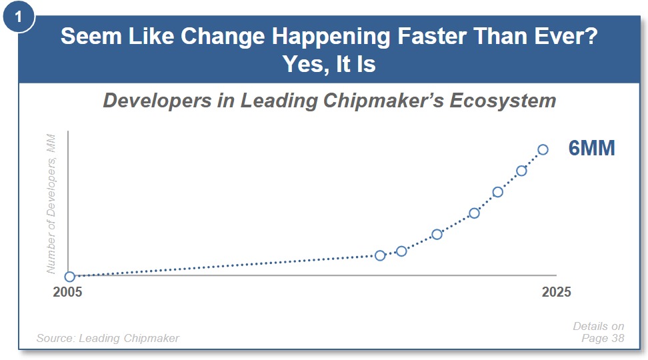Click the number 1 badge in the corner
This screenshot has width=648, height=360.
[18, 17]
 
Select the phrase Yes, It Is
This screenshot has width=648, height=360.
[329, 64]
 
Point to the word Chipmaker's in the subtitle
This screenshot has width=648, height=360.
[383, 101]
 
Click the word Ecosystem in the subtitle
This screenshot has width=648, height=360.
[503, 101]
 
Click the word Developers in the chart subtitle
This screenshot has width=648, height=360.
[157, 101]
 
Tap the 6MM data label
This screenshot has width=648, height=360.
[592, 148]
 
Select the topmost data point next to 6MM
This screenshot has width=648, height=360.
[543, 149]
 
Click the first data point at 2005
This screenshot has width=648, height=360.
[70, 277]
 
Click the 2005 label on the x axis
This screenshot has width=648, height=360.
[67, 292]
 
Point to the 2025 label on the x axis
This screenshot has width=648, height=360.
[556, 292]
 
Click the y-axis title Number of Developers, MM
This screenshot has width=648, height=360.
[51, 204]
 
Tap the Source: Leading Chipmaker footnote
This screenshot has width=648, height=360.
[108, 338]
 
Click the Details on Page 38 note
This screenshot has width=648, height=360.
[599, 332]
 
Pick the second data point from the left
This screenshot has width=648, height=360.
[380, 256]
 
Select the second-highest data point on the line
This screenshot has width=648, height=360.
[521, 171]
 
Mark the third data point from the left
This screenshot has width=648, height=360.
[401, 251]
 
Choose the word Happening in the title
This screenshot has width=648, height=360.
[331, 37]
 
